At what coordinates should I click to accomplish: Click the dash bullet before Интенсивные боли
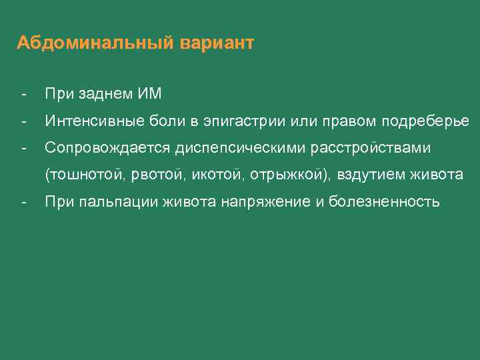[x=23, y=121]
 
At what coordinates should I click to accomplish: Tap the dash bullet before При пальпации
[x=23, y=202]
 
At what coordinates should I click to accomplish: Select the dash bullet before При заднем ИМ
[x=23, y=94]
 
